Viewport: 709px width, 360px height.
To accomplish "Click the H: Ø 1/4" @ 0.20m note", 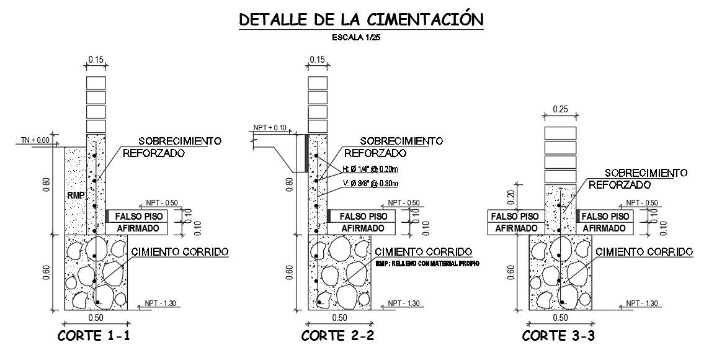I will click(x=370, y=169).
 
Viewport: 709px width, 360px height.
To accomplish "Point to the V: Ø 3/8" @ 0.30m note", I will click(x=370, y=183).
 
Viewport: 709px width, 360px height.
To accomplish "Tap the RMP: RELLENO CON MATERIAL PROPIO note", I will click(x=428, y=264).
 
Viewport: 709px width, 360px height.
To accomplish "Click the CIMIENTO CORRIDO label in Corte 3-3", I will click(x=644, y=252).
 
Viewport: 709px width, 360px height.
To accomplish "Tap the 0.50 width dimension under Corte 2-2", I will click(x=339, y=317).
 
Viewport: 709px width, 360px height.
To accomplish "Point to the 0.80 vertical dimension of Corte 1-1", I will click(x=47, y=185).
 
